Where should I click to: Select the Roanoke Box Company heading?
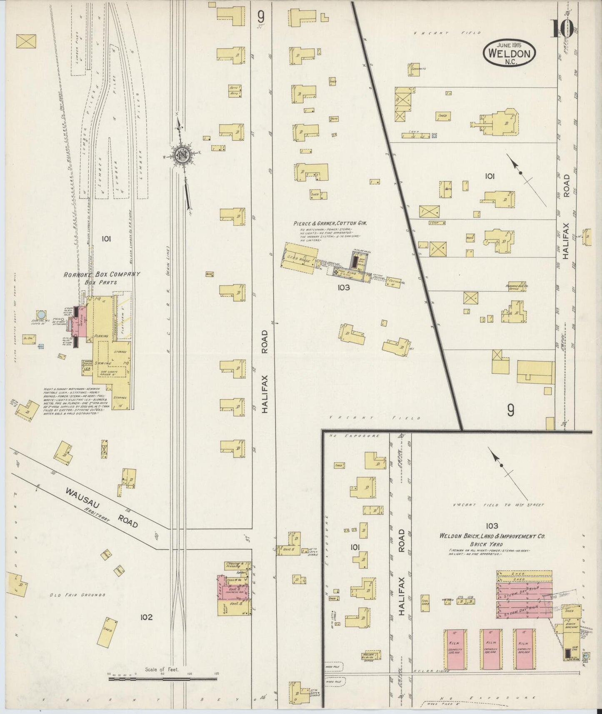coord(102,274)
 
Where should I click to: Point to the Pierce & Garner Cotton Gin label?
coord(330,223)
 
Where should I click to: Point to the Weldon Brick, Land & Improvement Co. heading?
coord(492,537)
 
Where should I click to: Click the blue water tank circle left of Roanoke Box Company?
coord(42,314)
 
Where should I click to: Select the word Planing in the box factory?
coord(102,335)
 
